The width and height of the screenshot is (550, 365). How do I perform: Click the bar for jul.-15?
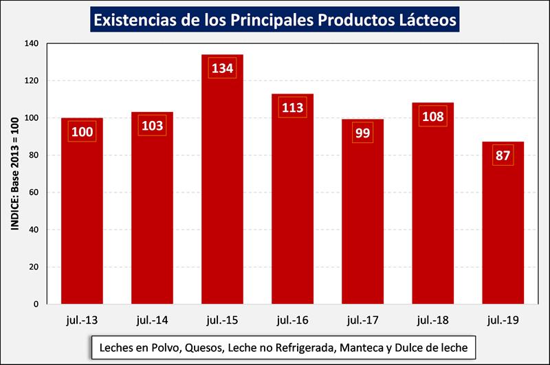point(222,192)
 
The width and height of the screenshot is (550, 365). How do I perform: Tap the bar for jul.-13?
point(82,220)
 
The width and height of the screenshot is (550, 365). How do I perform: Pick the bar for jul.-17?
point(362,220)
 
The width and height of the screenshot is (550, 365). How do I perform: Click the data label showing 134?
point(222,69)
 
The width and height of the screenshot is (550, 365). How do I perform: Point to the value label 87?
point(503,155)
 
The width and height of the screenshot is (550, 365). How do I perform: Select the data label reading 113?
point(292,108)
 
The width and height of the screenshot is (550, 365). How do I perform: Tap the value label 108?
point(432,117)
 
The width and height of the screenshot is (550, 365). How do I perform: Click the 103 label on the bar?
point(152,126)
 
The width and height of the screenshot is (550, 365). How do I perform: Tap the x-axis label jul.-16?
point(292,320)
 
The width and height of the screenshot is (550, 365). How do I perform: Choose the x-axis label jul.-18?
point(432,320)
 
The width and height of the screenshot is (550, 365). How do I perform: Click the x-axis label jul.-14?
point(152,320)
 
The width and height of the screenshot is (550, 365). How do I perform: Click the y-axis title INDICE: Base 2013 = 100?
point(14,174)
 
